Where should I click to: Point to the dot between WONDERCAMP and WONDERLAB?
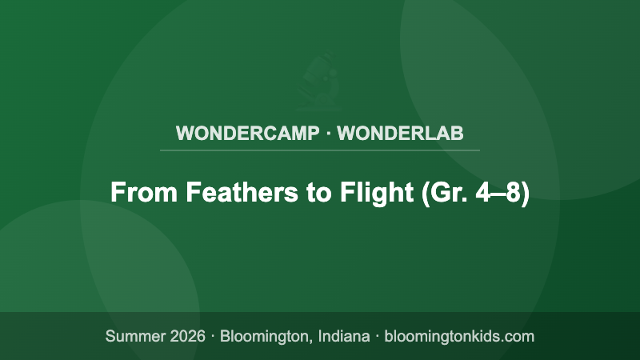tap(329, 133)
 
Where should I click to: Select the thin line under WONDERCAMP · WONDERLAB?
tap(320, 150)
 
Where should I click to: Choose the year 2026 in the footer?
tap(186, 336)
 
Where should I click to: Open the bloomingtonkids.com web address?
tap(459, 336)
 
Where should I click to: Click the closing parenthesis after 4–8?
tap(526, 193)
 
